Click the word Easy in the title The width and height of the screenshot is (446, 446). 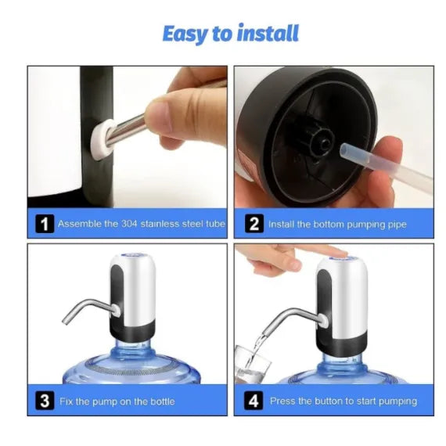[x=184, y=34]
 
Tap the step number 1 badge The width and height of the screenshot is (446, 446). [x=45, y=225]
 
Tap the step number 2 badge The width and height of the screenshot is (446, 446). [x=254, y=225]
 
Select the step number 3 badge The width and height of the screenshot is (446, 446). [x=45, y=402]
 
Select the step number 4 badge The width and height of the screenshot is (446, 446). [x=254, y=402]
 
